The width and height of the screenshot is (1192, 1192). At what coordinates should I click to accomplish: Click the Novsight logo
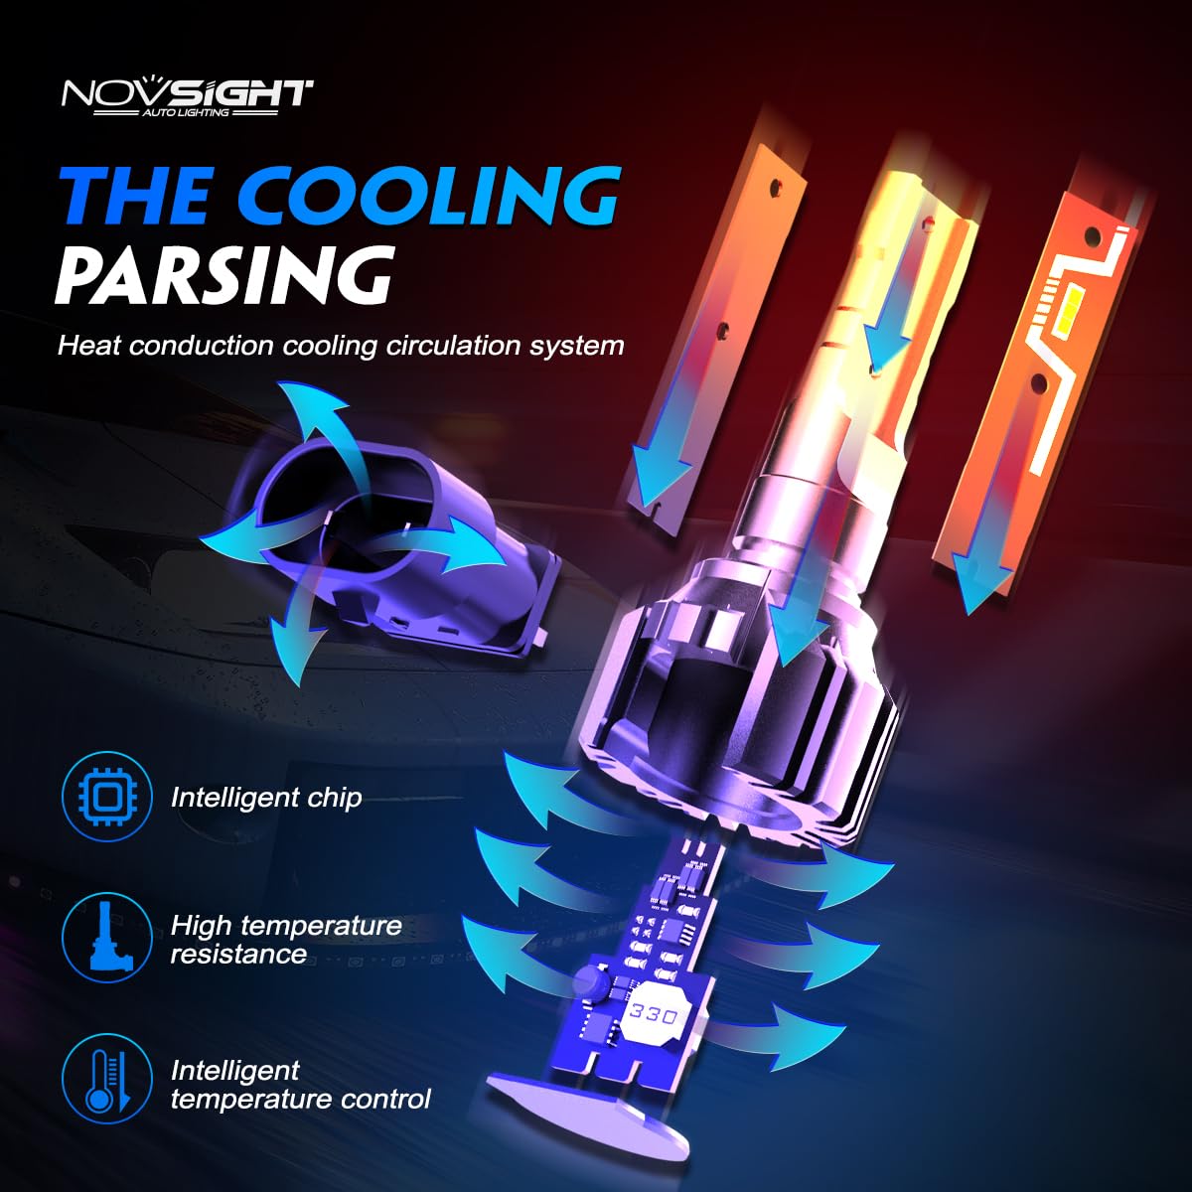pyautogui.click(x=187, y=97)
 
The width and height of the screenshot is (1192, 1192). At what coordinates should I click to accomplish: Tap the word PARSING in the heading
pyautogui.click(x=225, y=274)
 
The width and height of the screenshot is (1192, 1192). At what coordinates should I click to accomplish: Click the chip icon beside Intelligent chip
pyautogui.click(x=106, y=797)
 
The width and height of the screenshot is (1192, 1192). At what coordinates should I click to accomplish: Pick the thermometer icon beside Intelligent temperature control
pyautogui.click(x=106, y=1080)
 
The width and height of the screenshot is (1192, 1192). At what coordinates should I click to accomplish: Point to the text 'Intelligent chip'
pyautogui.click(x=266, y=798)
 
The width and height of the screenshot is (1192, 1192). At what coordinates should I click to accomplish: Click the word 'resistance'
pyautogui.click(x=238, y=954)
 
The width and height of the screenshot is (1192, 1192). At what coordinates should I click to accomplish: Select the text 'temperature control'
pyautogui.click(x=300, y=1100)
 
